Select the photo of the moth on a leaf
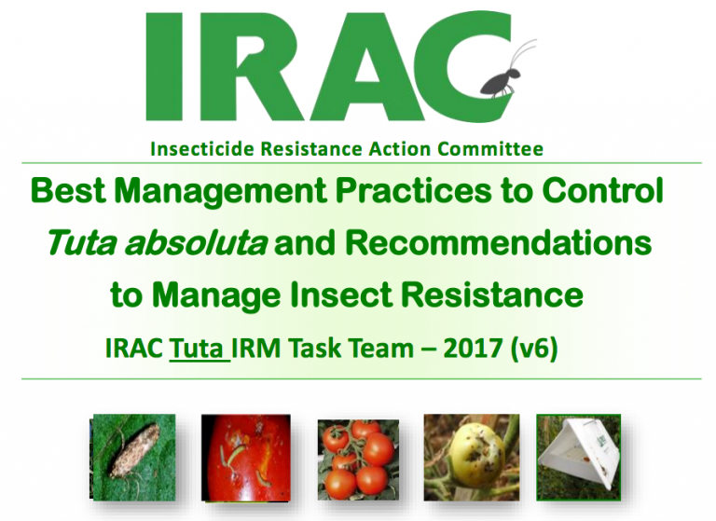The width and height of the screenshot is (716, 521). pos(132,458)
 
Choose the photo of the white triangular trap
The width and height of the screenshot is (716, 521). pos(584,458)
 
